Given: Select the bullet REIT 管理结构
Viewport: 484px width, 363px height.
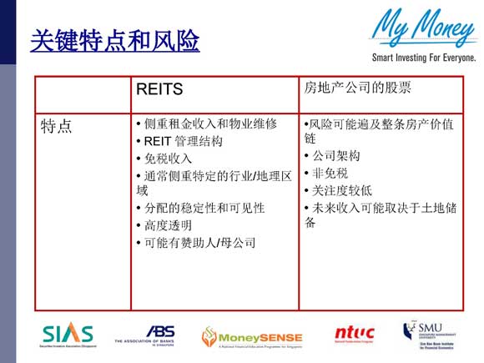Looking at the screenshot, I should click(x=183, y=141).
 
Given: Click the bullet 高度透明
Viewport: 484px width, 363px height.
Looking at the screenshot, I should click(x=168, y=225).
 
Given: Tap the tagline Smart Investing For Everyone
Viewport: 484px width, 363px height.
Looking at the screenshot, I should click(x=420, y=58).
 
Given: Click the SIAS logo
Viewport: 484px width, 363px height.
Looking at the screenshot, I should click(x=68, y=335).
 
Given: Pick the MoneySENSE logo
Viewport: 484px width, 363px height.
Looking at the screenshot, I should click(x=252, y=335).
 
